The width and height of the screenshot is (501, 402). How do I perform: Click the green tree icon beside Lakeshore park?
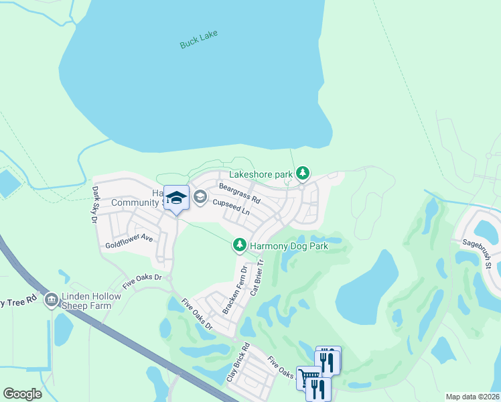pos(303,174)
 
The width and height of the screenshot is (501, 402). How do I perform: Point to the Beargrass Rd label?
pos(240,194)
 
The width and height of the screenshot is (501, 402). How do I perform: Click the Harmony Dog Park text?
pos(291,246)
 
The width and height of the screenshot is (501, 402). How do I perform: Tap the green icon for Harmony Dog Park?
pos(239,246)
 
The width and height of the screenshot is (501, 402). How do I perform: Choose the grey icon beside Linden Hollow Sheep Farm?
pos(52,300)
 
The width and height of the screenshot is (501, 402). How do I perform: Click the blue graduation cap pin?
pos(176,198)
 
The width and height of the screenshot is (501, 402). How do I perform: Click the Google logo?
pos(22,393)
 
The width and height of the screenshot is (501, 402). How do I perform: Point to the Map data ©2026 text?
pos(472,397)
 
